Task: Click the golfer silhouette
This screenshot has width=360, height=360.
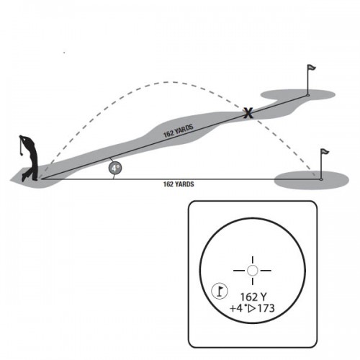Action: click(x=30, y=158)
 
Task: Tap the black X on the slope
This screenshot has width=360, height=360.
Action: click(x=248, y=113)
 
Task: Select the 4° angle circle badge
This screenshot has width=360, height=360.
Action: click(x=115, y=168)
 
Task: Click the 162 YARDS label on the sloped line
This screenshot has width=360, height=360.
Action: click(x=179, y=131)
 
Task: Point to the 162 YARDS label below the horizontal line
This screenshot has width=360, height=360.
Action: click(x=179, y=184)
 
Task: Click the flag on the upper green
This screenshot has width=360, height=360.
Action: click(x=311, y=68)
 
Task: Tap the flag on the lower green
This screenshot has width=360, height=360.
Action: click(x=325, y=152)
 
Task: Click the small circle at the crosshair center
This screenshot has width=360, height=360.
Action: click(x=252, y=271)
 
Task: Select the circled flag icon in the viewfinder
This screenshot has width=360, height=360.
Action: click(x=220, y=291)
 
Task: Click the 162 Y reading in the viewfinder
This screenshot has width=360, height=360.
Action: click(x=253, y=297)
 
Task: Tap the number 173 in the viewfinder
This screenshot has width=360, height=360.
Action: click(x=266, y=308)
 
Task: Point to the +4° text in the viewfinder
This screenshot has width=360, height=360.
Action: click(x=238, y=308)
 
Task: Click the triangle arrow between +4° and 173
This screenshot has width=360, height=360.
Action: click(x=252, y=309)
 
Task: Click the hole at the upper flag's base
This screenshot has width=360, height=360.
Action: click(x=308, y=95)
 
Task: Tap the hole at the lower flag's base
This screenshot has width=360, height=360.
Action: click(x=321, y=179)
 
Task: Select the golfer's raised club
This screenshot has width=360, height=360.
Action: click(x=21, y=145)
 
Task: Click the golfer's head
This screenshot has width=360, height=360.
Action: click(x=22, y=138)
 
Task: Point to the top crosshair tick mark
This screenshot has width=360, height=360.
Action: click(x=253, y=260)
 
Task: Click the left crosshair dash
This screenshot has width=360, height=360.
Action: click(x=239, y=271)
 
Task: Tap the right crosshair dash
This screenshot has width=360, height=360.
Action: click(x=266, y=271)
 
